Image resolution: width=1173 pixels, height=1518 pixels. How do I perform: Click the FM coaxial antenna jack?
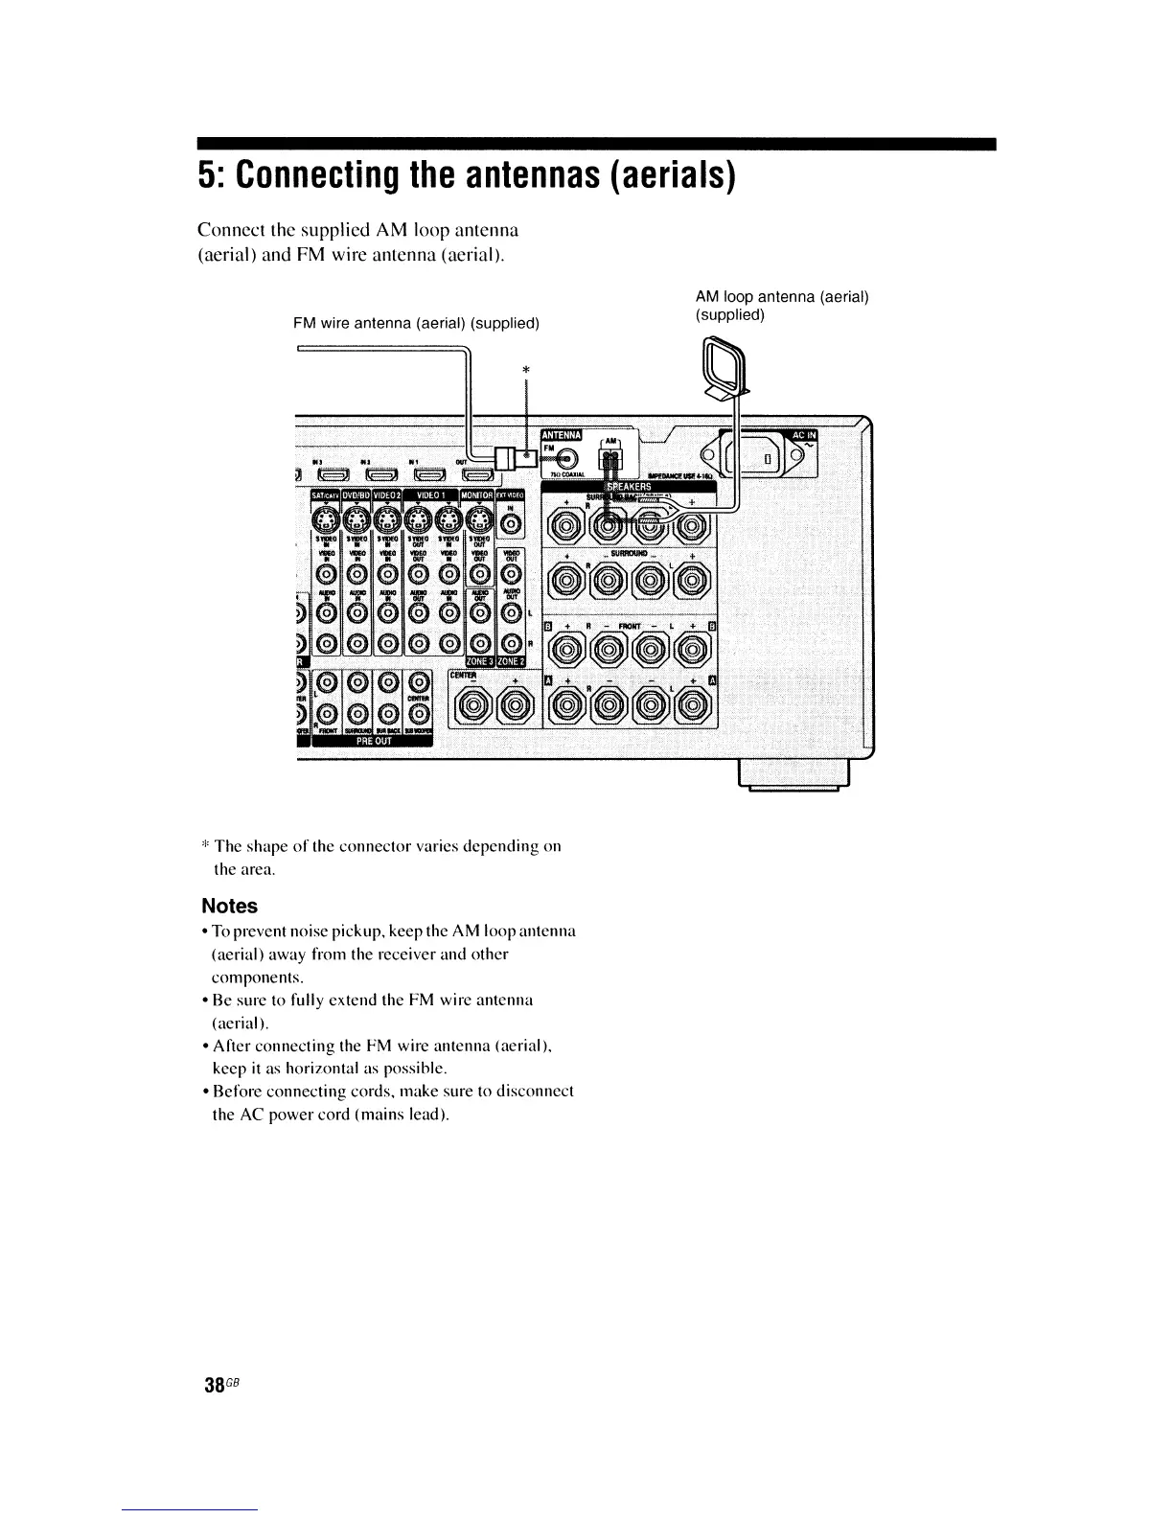coord(567,459)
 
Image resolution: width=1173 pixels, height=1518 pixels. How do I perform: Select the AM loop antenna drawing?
coord(720,370)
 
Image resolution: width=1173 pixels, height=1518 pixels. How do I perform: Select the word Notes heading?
coord(229,906)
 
